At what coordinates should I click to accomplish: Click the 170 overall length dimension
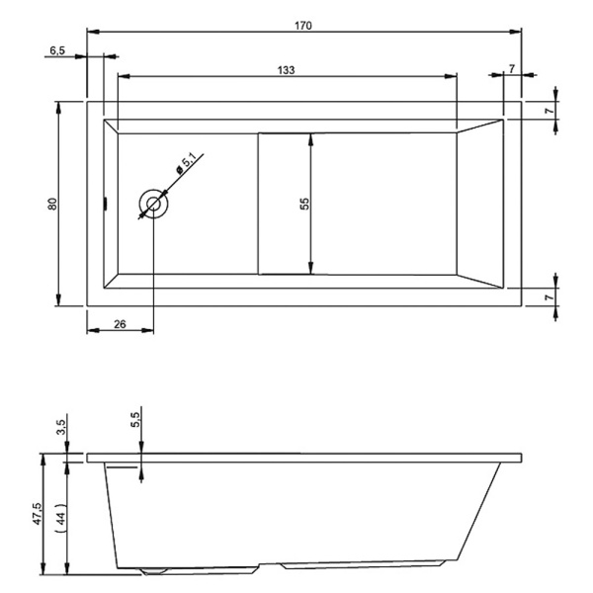pyautogui.click(x=303, y=26)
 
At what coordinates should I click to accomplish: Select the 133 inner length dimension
pyautogui.click(x=286, y=70)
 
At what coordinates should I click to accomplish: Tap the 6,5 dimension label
pyautogui.click(x=57, y=50)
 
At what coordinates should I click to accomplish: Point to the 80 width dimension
pyautogui.click(x=52, y=204)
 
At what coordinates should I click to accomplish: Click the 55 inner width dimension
pyautogui.click(x=304, y=204)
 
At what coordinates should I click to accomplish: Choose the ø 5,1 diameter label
pyautogui.click(x=187, y=163)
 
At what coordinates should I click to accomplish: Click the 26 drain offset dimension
pyautogui.click(x=120, y=324)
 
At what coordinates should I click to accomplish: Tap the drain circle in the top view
pyautogui.click(x=153, y=205)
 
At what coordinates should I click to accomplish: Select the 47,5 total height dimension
pyautogui.click(x=38, y=513)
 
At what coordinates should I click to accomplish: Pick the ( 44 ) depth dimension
pyautogui.click(x=61, y=517)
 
